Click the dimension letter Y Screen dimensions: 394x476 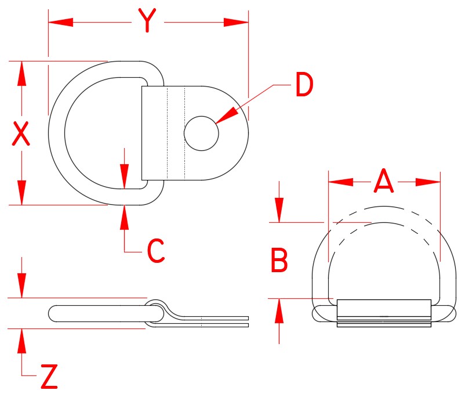click(148, 22)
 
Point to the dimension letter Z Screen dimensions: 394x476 click(49, 378)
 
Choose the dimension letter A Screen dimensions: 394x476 click(384, 181)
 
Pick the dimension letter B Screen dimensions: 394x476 click(279, 261)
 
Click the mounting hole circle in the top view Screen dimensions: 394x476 click(201, 133)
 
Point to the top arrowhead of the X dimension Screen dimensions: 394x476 click(21, 74)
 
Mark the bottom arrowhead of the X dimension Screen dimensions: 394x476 click(21, 192)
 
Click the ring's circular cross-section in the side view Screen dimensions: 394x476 click(155, 312)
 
